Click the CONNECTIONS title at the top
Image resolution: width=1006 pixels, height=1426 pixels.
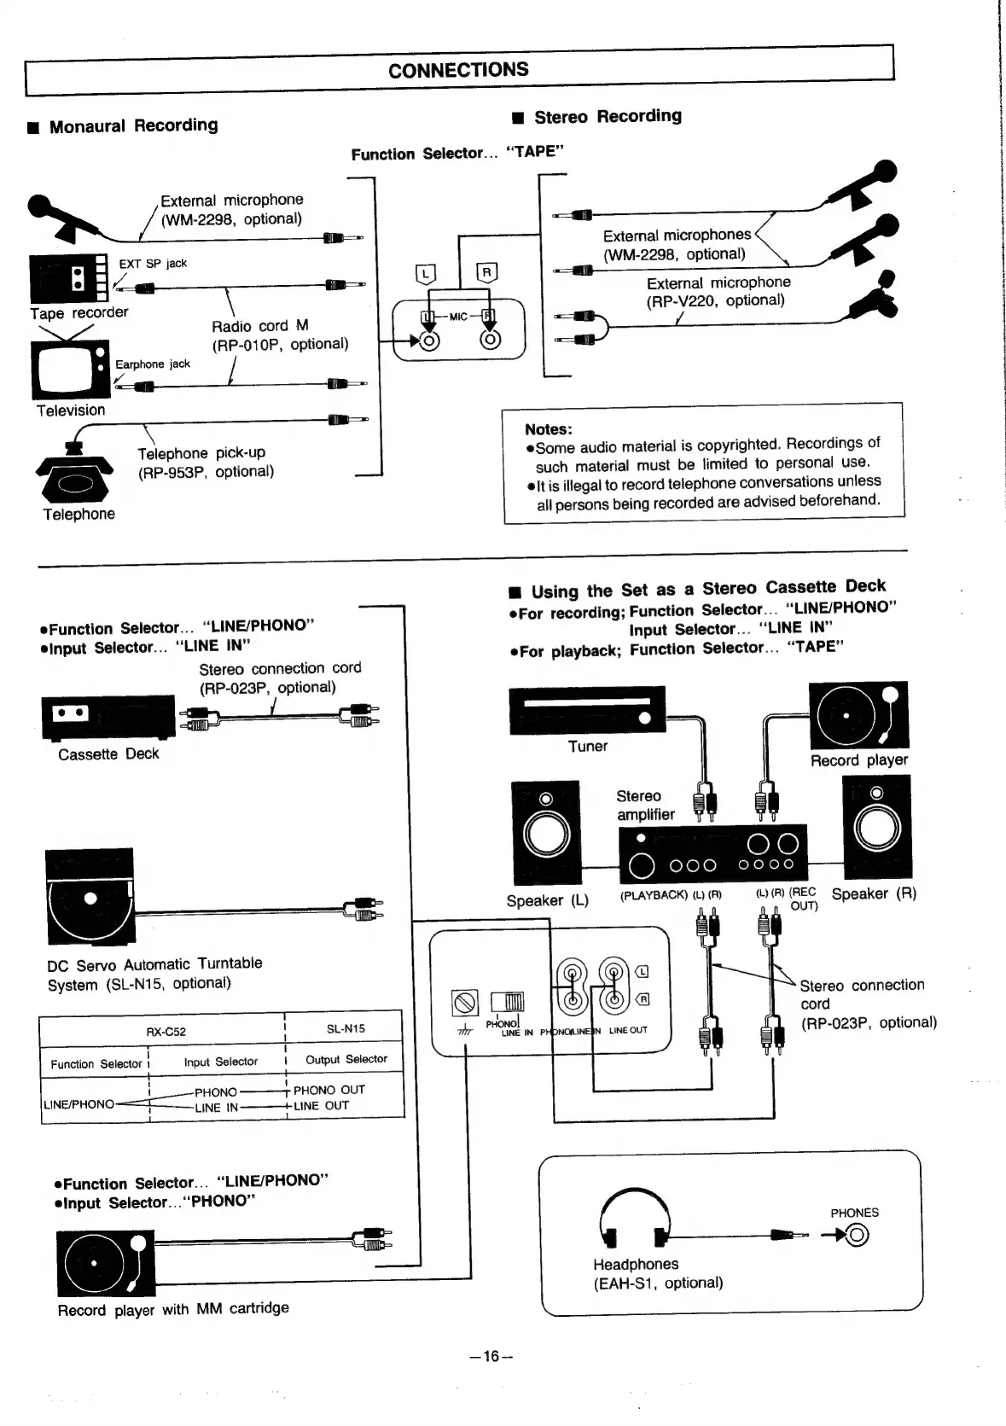(458, 70)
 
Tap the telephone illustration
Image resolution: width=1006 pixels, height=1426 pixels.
(75, 474)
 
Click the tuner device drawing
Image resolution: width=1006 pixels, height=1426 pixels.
(587, 711)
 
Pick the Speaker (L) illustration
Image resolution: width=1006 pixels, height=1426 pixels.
(544, 832)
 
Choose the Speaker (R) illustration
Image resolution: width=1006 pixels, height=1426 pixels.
(876, 826)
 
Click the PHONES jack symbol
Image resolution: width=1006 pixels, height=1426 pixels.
(858, 1235)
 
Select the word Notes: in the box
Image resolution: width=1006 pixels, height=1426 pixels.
(549, 429)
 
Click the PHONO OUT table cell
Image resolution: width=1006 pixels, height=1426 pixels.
(329, 1090)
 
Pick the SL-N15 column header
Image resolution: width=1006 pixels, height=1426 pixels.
(346, 1028)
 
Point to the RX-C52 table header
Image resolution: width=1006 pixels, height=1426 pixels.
(166, 1031)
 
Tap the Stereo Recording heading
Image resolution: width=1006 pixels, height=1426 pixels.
(607, 116)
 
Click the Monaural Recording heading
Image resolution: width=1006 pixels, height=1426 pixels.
(133, 125)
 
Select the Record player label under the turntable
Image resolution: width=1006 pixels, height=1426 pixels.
(858, 760)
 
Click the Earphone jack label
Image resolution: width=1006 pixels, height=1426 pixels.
(153, 364)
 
